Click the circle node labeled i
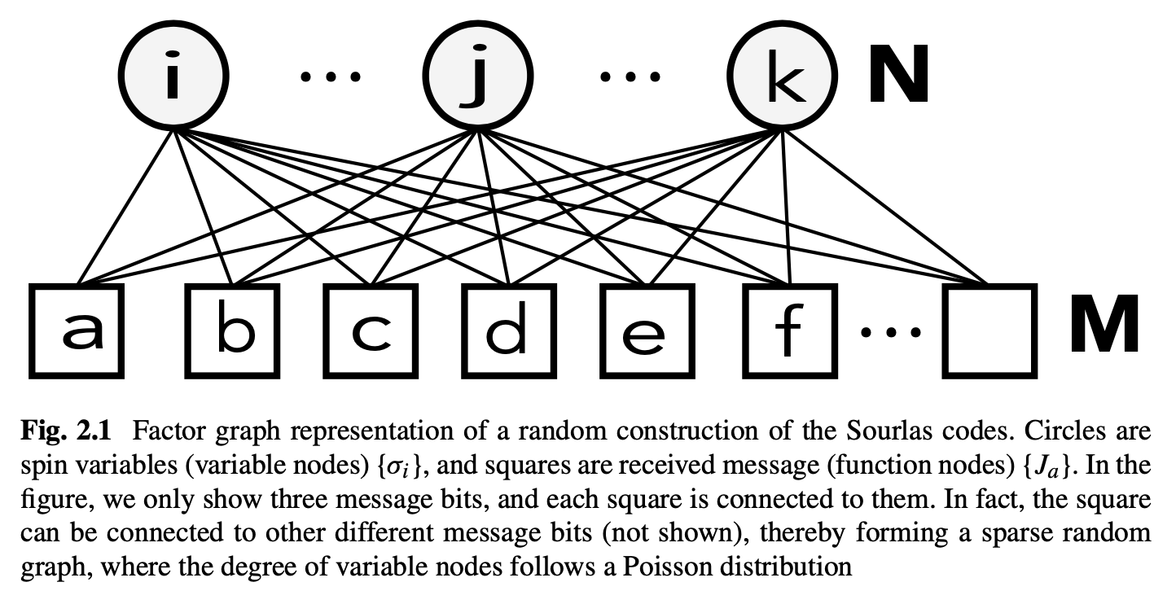172,79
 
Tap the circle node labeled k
780,79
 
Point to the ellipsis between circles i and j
330,77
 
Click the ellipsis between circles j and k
630,77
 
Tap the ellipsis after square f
891,333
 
